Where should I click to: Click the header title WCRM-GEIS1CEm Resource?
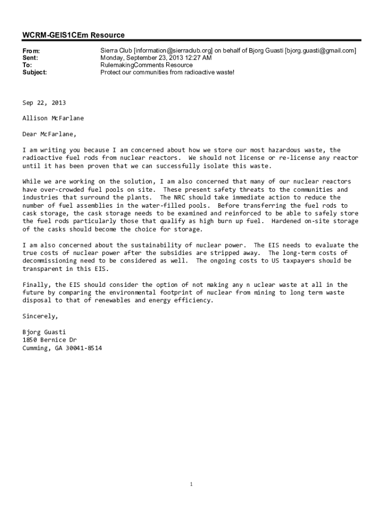pyautogui.click(x=74, y=35)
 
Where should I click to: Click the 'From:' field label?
pyautogui.click(x=31, y=51)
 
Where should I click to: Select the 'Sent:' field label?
pyautogui.click(x=30, y=58)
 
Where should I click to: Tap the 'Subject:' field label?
pyautogui.click(x=35, y=72)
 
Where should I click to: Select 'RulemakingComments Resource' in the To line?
pyautogui.click(x=146, y=65)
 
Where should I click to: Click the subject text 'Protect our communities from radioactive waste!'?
pyautogui.click(x=167, y=72)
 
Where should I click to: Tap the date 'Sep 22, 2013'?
pyautogui.click(x=44, y=103)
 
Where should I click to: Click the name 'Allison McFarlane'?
pyautogui.click(x=53, y=118)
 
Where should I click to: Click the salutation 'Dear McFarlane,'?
pyautogui.click(x=50, y=134)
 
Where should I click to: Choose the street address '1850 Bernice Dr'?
pyautogui.click(x=50, y=340)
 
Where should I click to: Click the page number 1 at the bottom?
pyautogui.click(x=191, y=484)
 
